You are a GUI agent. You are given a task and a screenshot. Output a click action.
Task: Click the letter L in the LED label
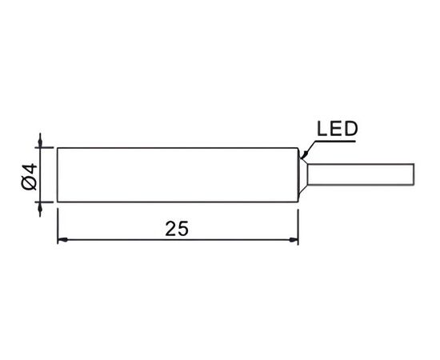pos(322,129)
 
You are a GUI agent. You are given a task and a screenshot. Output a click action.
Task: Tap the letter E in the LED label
pos(336,129)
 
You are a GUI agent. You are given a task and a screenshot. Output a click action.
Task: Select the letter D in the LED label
pos(351,129)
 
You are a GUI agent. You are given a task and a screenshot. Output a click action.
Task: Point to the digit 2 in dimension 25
pos(171,229)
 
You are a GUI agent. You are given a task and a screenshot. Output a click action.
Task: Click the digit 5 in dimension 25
pos(183,229)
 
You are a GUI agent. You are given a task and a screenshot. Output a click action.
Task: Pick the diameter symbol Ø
pos(29,183)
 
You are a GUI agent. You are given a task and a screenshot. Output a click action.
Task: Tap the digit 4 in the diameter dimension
pos(30,169)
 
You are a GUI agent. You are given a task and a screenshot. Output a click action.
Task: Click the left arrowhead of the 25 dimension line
pos(62,240)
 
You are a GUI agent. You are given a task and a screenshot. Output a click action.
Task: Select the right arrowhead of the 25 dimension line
pos(294,240)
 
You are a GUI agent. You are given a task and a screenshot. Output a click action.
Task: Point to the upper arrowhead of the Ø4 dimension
pos(40,142)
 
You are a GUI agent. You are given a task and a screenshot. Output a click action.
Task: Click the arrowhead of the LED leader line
pos(304,154)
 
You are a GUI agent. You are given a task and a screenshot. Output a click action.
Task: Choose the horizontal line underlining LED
pos(336,141)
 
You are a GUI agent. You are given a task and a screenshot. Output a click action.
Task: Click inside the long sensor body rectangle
pos(178,174)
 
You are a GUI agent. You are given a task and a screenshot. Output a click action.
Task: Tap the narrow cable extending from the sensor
pos(361,174)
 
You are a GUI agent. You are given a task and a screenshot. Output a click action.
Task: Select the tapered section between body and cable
pos(302,175)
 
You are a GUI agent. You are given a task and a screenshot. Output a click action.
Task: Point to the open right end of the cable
pos(414,174)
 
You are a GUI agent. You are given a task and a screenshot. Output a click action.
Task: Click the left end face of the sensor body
pos(58,174)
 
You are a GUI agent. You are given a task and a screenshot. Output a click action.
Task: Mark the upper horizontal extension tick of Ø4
pos(44,147)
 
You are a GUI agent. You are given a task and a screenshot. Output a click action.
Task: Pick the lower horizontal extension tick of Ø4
pos(44,202)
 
